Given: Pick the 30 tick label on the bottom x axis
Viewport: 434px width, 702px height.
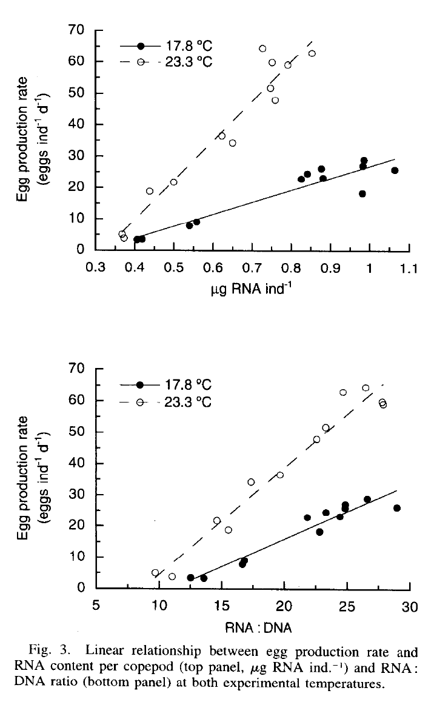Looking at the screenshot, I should tap(410, 605).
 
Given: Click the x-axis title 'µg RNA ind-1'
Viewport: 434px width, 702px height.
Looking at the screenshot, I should tap(248, 290).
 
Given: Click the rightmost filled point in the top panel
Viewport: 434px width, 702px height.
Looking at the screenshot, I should tap(395, 170).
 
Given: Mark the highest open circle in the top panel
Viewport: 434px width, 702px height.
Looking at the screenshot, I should tap(262, 48).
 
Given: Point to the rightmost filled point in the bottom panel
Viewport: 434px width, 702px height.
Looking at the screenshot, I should tap(397, 508).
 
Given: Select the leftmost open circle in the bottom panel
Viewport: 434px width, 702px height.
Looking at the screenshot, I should tap(155, 573).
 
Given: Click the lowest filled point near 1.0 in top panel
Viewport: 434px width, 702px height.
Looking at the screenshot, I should tap(362, 194).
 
